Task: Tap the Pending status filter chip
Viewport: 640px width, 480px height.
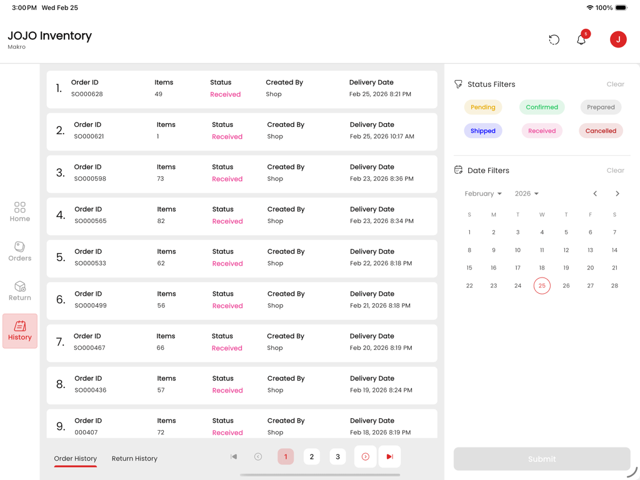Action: click(482, 107)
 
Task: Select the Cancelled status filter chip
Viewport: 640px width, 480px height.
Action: click(600, 131)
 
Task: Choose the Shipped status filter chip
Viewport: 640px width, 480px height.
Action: click(482, 131)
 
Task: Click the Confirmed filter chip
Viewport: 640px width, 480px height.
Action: click(541, 107)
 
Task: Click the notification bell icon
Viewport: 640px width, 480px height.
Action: click(581, 40)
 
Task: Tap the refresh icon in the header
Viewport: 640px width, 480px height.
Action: click(554, 40)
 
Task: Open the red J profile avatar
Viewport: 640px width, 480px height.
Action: click(617, 39)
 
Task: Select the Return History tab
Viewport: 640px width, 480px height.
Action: click(134, 458)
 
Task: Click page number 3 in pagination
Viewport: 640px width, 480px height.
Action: click(337, 457)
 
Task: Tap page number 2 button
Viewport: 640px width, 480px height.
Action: click(311, 457)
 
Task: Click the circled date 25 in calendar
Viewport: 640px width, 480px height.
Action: click(542, 286)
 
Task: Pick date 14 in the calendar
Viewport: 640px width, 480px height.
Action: click(614, 250)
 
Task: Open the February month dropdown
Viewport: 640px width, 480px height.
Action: click(483, 194)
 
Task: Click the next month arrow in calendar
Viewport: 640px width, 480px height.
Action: click(617, 194)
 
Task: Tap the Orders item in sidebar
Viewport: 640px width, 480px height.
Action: click(20, 251)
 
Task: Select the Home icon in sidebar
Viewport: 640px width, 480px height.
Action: click(20, 212)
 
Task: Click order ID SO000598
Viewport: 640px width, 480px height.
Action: click(90, 179)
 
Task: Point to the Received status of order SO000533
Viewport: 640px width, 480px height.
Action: click(227, 263)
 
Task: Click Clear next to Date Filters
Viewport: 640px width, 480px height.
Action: click(615, 170)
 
